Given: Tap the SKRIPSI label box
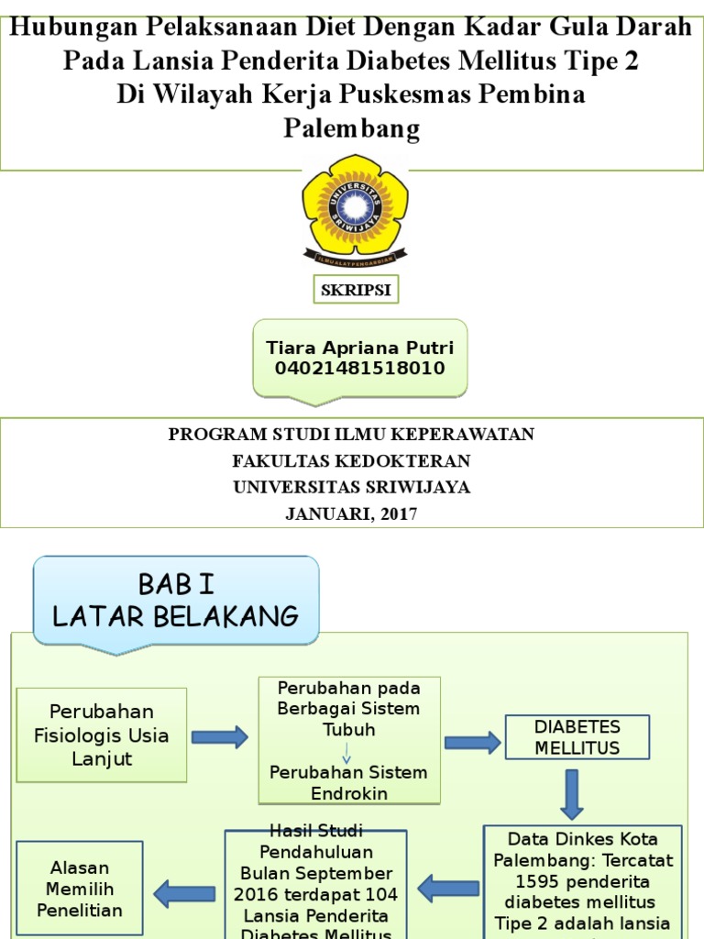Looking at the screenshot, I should coord(355,291).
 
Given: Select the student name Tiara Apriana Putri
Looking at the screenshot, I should coord(359,348).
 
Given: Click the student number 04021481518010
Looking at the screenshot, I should coord(359,369).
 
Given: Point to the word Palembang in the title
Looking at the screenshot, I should coord(351,127).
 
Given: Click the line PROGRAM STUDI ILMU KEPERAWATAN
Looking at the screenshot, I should coord(351,435).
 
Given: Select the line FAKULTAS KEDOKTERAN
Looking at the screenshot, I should coord(351,461).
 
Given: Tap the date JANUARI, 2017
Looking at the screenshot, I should coord(351,514).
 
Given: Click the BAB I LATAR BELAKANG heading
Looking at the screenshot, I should coord(176,600).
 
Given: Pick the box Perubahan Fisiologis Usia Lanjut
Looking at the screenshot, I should coord(102,735).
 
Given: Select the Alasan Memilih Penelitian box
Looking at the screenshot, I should coord(79,888).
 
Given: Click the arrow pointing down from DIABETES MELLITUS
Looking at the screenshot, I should coord(572,794).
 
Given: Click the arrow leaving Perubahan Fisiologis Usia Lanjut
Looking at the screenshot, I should coord(219,736).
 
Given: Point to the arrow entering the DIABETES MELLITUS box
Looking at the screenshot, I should coord(473,742).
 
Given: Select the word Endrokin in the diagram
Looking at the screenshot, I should coord(349,793).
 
